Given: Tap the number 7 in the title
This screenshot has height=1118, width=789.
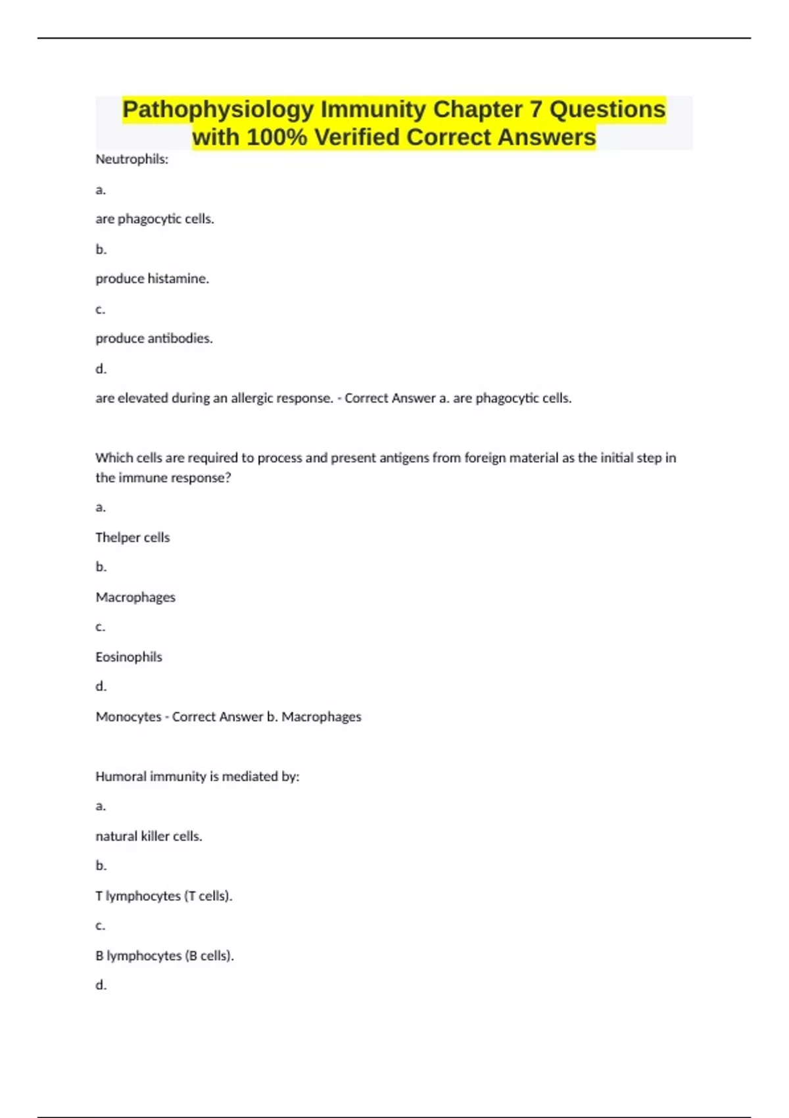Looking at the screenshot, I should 537,110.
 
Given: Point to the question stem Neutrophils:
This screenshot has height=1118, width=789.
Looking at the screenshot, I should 131,159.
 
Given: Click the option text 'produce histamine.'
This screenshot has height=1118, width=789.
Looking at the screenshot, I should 152,279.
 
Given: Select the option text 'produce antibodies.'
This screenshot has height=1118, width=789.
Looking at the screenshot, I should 154,339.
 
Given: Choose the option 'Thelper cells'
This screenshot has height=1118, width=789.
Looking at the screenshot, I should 132,538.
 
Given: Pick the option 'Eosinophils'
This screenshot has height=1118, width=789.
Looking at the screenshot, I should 129,657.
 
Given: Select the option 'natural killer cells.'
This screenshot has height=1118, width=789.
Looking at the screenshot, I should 149,837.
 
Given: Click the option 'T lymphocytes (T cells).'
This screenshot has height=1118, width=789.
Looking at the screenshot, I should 164,896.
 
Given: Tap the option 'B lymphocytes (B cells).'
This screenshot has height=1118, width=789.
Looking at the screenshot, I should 164,956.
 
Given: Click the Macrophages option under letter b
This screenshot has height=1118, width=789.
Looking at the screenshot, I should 135,597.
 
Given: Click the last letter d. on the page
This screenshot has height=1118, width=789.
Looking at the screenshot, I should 101,985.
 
